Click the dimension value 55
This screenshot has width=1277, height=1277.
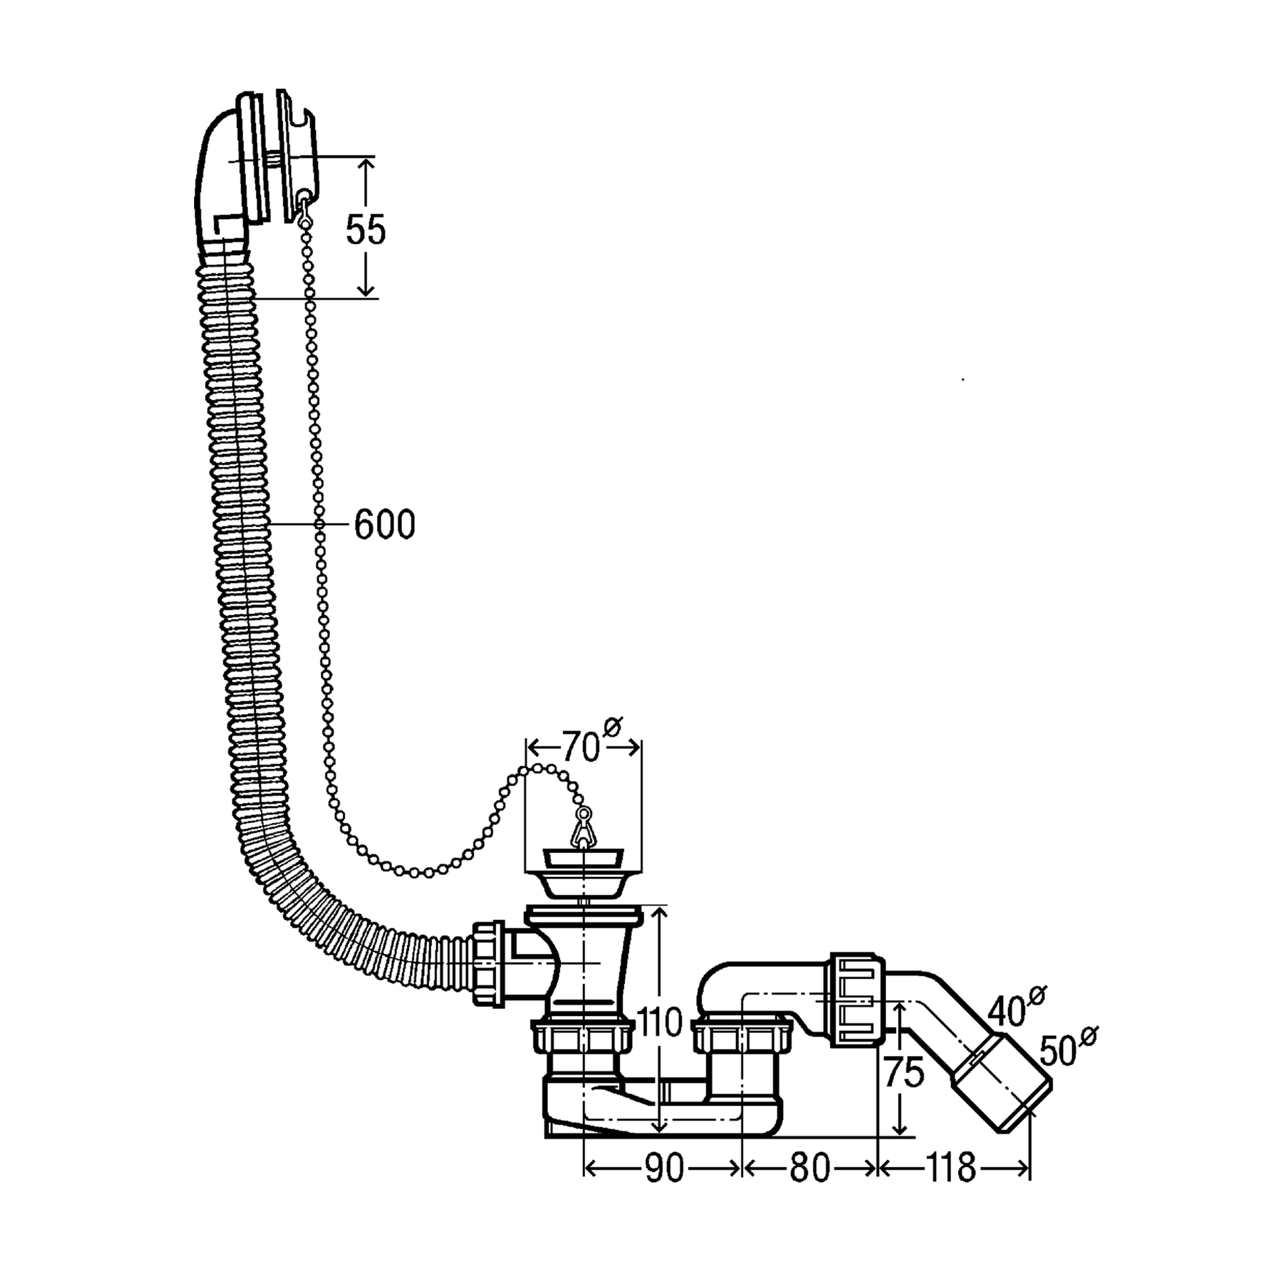click(365, 229)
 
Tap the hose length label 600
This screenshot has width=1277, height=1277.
click(385, 526)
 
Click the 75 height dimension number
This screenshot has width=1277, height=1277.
click(904, 1073)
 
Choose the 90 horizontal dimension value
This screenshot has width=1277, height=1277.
click(663, 1168)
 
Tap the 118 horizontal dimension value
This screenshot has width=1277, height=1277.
click(951, 1168)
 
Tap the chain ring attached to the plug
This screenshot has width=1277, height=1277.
click(584, 814)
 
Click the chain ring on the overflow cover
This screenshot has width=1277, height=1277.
click(303, 196)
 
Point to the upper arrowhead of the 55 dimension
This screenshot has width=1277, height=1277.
click(365, 165)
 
